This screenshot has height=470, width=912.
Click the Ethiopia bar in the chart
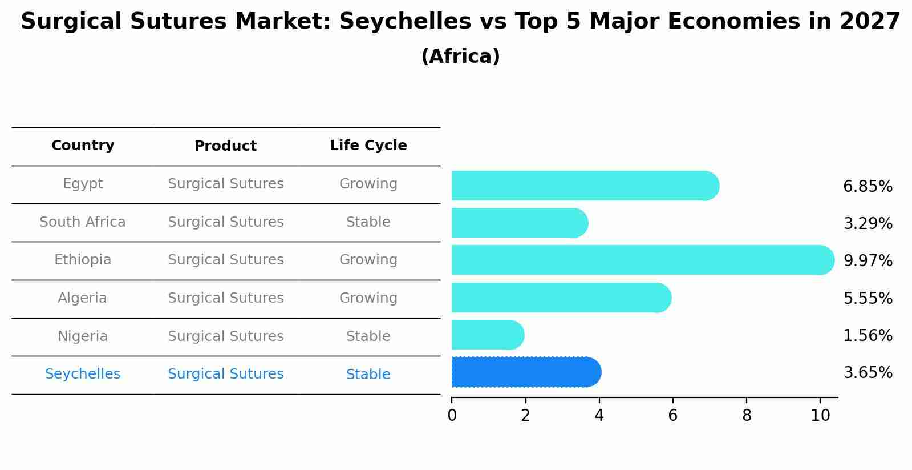tap(642, 260)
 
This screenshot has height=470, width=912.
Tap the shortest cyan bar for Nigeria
tap(488, 335)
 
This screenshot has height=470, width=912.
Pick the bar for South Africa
tap(519, 223)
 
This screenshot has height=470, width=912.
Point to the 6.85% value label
tap(868, 187)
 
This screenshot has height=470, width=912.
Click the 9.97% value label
tap(868, 261)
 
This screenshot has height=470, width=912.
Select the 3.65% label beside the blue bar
tap(868, 373)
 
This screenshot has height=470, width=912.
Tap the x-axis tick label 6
tap(673, 416)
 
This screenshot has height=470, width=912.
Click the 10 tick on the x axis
tap(820, 416)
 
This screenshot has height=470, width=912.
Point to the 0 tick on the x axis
tap(452, 416)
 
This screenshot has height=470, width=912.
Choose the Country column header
tap(83, 146)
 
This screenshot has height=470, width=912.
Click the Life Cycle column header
tap(368, 146)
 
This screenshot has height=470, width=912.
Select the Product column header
tap(225, 146)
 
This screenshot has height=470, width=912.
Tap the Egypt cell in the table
tap(83, 184)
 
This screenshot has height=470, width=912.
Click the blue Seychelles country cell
tap(83, 374)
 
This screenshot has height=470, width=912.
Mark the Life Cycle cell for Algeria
tap(368, 298)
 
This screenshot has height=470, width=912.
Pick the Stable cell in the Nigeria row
tap(368, 336)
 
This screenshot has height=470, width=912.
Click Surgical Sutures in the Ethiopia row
tap(225, 260)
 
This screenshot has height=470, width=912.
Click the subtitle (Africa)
tap(460, 57)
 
